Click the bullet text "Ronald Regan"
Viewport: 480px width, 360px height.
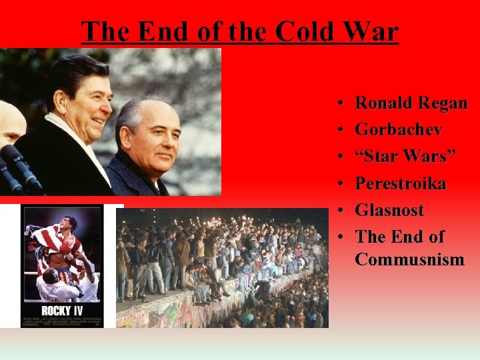(411, 103)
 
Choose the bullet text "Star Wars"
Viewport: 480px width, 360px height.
(405, 156)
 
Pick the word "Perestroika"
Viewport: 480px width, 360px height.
(400, 183)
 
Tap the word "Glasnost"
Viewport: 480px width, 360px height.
(389, 210)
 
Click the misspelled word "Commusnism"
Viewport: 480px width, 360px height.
(409, 259)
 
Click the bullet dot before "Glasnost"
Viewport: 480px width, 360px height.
(340, 211)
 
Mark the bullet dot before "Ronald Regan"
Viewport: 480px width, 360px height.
(340, 103)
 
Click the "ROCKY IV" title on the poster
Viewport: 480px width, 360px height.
(61, 311)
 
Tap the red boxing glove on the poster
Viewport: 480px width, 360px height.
(66, 247)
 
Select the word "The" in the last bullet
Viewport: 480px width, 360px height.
(370, 237)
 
